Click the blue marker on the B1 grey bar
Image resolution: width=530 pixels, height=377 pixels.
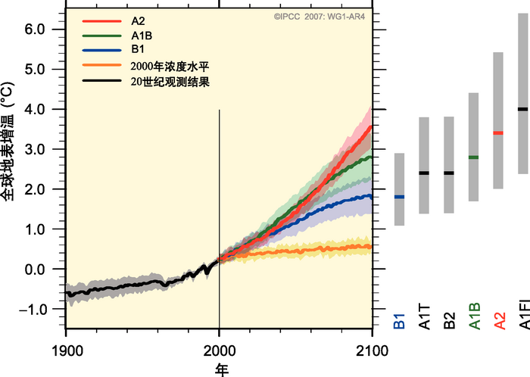[x=399, y=197]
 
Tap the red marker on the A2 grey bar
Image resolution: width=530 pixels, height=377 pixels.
[x=498, y=133]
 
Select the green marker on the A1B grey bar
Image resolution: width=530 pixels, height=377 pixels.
[x=473, y=157]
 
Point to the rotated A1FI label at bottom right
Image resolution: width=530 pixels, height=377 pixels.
[x=523, y=313]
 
